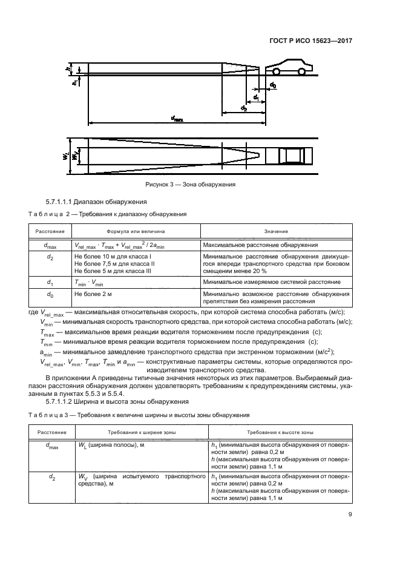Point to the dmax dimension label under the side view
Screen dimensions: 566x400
click(x=177, y=119)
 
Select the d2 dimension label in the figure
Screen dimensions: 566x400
click(x=244, y=108)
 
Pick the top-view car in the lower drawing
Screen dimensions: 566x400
click(x=293, y=155)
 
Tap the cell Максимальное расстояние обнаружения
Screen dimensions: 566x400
click(x=260, y=246)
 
